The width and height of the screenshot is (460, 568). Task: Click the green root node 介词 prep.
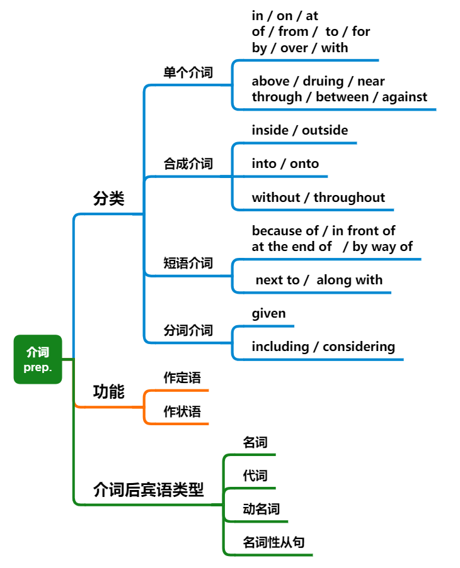38,359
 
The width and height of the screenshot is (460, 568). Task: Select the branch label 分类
108,199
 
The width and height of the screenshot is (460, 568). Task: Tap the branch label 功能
108,392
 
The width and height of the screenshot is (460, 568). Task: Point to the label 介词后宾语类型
149,489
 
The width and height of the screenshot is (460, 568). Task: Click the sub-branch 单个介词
188,72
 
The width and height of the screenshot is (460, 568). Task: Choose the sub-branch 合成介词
188,164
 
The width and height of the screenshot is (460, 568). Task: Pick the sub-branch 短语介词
188,263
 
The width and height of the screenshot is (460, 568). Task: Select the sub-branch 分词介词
188,330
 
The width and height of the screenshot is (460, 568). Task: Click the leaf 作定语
182,378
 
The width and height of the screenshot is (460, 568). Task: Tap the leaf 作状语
182,411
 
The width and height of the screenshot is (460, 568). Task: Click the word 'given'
268,313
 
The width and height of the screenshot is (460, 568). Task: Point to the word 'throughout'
349,198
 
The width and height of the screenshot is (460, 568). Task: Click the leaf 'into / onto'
285,164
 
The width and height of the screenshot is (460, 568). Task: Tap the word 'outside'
325,130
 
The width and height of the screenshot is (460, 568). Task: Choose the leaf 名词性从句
273,542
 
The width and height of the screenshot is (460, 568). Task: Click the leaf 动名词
261,509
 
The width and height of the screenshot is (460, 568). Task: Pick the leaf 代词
255,476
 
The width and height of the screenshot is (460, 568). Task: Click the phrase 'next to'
277,280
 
